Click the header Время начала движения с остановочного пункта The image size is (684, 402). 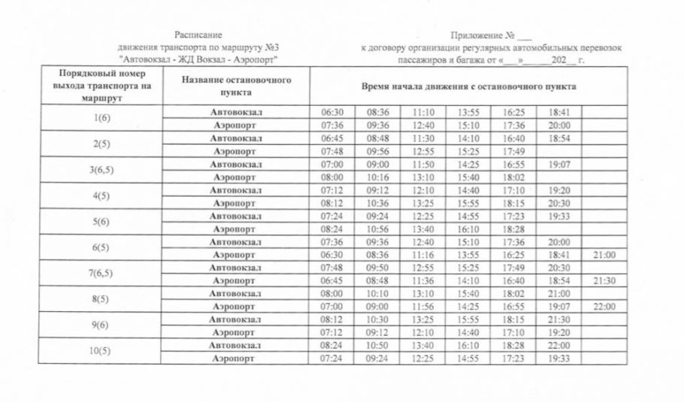pos(469,86)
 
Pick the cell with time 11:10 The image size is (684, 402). pos(423,112)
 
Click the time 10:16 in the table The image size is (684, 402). pos(377,177)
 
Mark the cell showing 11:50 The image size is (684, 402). pos(423,164)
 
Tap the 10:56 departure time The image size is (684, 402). pos(377,228)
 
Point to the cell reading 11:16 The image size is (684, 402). pos(423,255)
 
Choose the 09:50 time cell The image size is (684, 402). pos(377,267)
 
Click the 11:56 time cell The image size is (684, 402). pos(423,307)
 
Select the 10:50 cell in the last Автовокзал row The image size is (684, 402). pos(377,345)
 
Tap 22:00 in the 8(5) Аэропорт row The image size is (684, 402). pos(604,307)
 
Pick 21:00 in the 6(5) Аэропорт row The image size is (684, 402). pos(604,255)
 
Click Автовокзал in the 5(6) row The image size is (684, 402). pos(236,216)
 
